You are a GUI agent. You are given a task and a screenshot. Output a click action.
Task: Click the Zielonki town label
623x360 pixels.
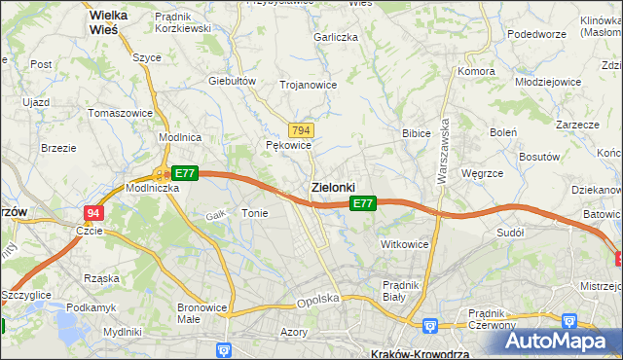[332, 186]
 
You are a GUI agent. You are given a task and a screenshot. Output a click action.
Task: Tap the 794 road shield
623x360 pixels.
[301, 130]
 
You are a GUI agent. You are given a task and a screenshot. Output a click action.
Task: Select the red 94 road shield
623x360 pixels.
[92, 213]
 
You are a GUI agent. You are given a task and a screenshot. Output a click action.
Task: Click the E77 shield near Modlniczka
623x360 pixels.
[185, 173]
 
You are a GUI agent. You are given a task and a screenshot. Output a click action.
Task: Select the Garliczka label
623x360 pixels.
[336, 37]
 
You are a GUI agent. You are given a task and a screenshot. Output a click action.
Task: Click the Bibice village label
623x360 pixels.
[417, 132]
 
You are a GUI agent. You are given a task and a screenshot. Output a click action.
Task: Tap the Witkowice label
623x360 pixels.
[404, 244]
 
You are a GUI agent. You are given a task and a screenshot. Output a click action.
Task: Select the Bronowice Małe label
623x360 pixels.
[202, 313]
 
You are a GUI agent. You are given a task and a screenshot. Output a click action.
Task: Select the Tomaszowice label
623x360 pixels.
[121, 113]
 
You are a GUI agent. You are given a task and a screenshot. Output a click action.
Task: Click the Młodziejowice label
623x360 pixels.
[548, 82]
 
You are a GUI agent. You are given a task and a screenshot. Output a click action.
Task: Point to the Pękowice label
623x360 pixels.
[288, 145]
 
